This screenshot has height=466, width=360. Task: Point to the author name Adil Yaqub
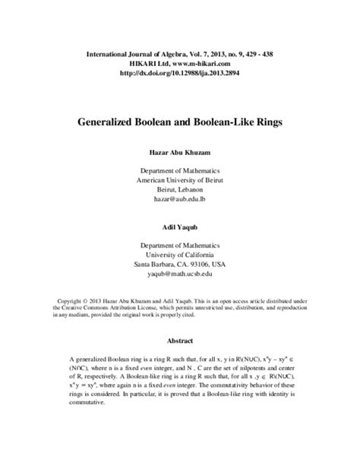(180, 227)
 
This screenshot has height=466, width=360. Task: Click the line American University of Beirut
(180, 180)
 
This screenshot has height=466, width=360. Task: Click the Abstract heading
(180, 341)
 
